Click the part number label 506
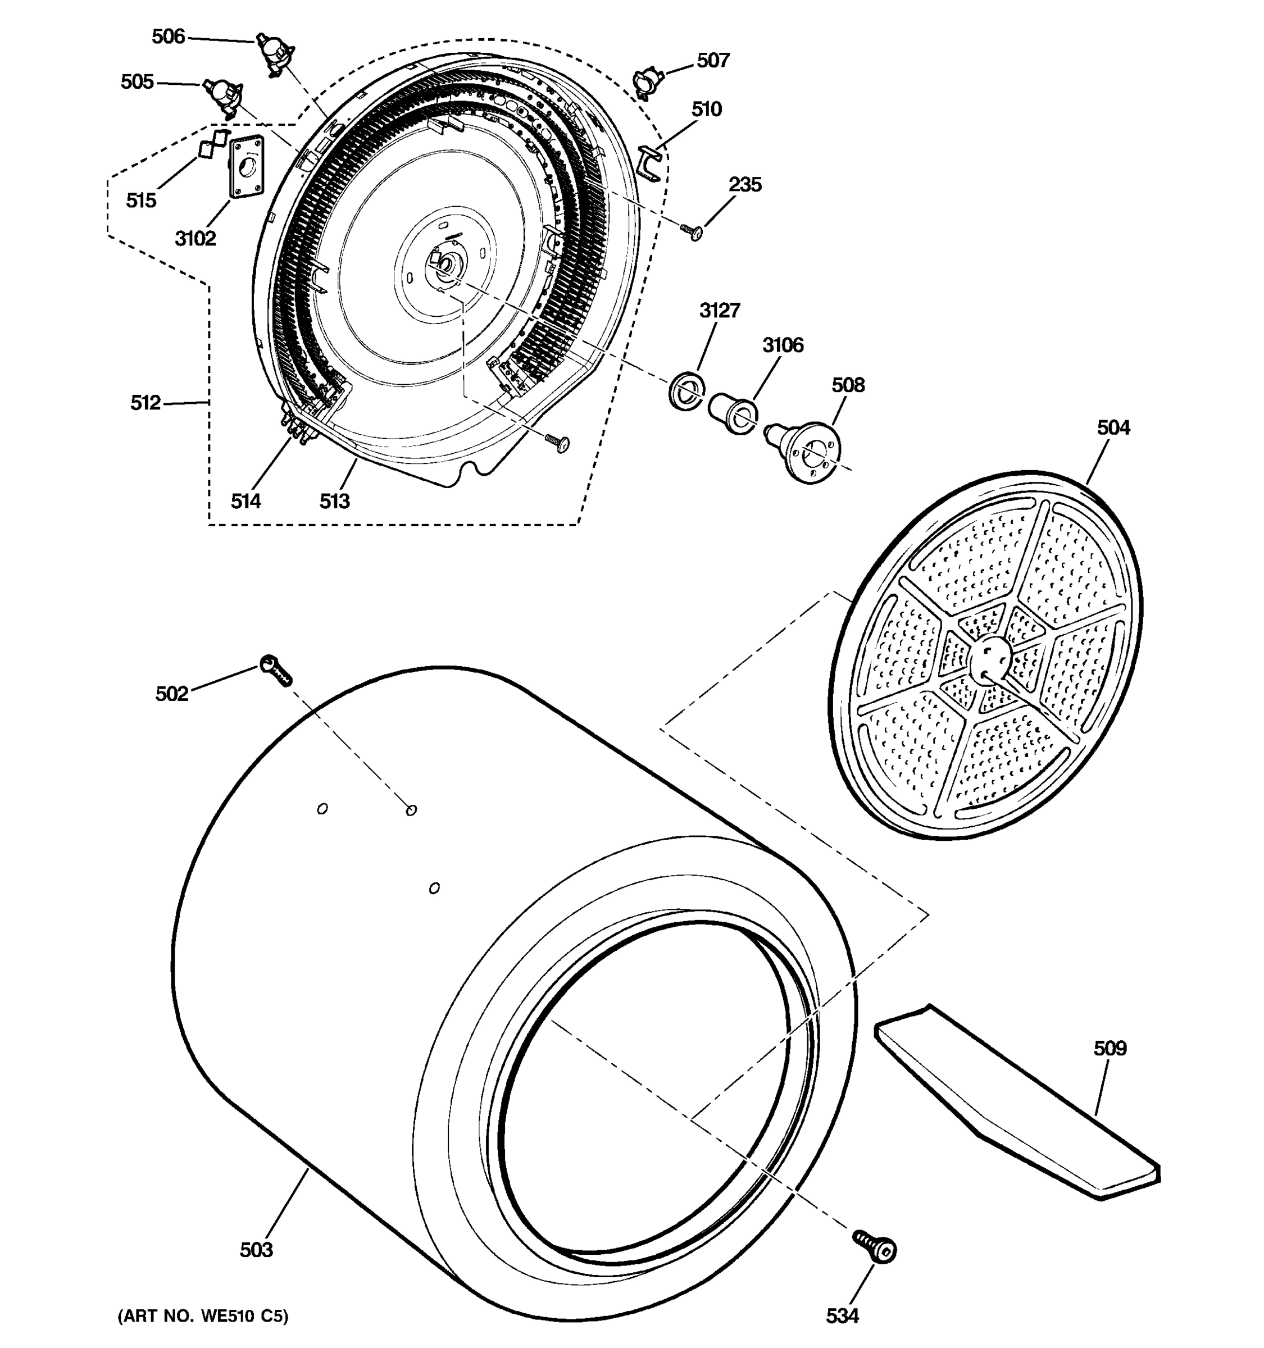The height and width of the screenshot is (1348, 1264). (168, 37)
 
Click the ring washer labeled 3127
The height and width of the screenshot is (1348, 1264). (686, 390)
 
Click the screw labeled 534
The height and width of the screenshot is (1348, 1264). (876, 1246)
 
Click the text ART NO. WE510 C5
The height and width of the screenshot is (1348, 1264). (203, 1316)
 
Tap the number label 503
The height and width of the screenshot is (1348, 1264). (256, 1250)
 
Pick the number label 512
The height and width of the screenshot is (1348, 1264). (145, 403)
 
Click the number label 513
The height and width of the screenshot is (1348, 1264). (334, 501)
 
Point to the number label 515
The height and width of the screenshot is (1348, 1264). (141, 201)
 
